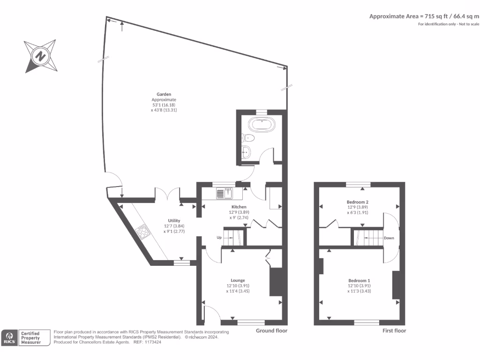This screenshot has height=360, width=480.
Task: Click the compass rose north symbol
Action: coord(41,57)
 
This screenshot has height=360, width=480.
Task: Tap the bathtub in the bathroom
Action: coord(261,125)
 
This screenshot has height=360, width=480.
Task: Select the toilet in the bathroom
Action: coord(248,138)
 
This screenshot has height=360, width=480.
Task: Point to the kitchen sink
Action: coord(225,193)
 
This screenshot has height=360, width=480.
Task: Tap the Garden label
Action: coord(164,94)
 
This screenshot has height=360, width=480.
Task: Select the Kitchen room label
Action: coord(239,207)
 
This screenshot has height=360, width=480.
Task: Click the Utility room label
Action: coord(174,220)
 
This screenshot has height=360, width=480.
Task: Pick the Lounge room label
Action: coord(239,280)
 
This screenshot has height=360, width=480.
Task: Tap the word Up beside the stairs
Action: coord(218,238)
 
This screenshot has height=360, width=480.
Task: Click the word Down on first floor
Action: coord(389,238)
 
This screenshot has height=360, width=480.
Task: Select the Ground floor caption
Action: coord(271,330)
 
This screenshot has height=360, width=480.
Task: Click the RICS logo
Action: coord(9,337)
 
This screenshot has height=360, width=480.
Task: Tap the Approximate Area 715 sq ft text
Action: coord(424,16)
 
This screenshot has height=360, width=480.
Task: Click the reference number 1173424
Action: coord(152,342)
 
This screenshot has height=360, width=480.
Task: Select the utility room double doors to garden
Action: coord(168,194)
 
